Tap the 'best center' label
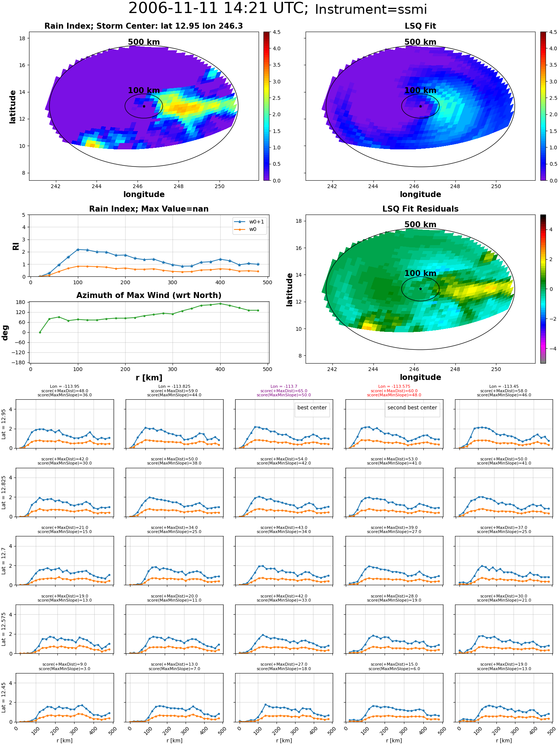pos(312,408)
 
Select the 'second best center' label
pos(412,408)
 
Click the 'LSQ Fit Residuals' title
pos(420,209)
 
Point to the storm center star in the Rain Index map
pos(144,106)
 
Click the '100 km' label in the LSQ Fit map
pos(420,91)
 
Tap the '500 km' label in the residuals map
pos(420,225)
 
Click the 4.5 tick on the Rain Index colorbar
pos(277,32)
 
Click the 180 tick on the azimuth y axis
pos(21,302)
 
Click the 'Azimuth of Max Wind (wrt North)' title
pos(149,295)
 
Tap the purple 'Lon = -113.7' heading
pos(284,387)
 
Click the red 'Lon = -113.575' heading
pos(394,387)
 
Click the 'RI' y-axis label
pos(16,246)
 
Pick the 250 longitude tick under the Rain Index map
pos(220,186)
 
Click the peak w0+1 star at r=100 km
pos(78,250)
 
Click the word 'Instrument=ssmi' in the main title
pos(371,10)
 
